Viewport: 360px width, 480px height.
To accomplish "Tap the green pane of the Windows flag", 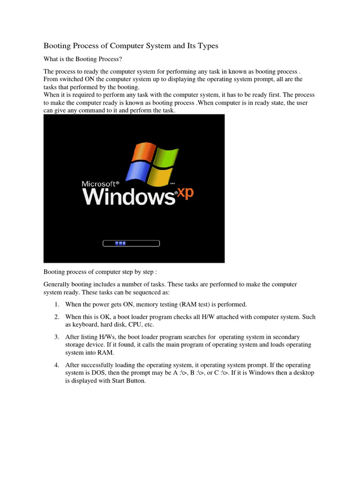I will [166, 159].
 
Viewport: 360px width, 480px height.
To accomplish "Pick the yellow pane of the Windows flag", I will [159, 177].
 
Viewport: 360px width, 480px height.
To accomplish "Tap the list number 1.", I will [56, 305].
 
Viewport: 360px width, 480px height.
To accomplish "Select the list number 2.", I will [56, 317].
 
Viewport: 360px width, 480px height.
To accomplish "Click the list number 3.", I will [56, 337].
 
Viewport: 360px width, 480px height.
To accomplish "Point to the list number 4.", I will [56, 365].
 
